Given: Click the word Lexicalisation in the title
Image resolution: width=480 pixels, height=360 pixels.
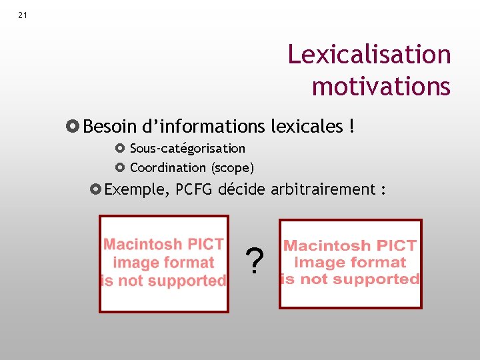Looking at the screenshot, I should (369, 54).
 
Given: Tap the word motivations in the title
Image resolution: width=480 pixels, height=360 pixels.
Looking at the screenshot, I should (381, 86).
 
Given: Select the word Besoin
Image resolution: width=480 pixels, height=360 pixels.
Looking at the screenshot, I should (111, 126).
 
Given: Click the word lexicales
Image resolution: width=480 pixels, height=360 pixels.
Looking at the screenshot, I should (307, 126).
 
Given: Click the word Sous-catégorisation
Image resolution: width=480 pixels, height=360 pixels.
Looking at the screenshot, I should (187, 149).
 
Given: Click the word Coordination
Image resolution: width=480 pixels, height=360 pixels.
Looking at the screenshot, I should (168, 167).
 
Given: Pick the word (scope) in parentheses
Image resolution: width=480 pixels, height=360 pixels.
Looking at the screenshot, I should (233, 167).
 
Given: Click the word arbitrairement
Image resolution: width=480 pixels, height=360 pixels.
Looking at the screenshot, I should (323, 189).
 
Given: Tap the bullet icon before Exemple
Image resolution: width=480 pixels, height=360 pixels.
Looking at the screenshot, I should (95, 190).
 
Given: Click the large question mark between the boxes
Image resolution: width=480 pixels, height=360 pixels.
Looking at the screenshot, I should (253, 262).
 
